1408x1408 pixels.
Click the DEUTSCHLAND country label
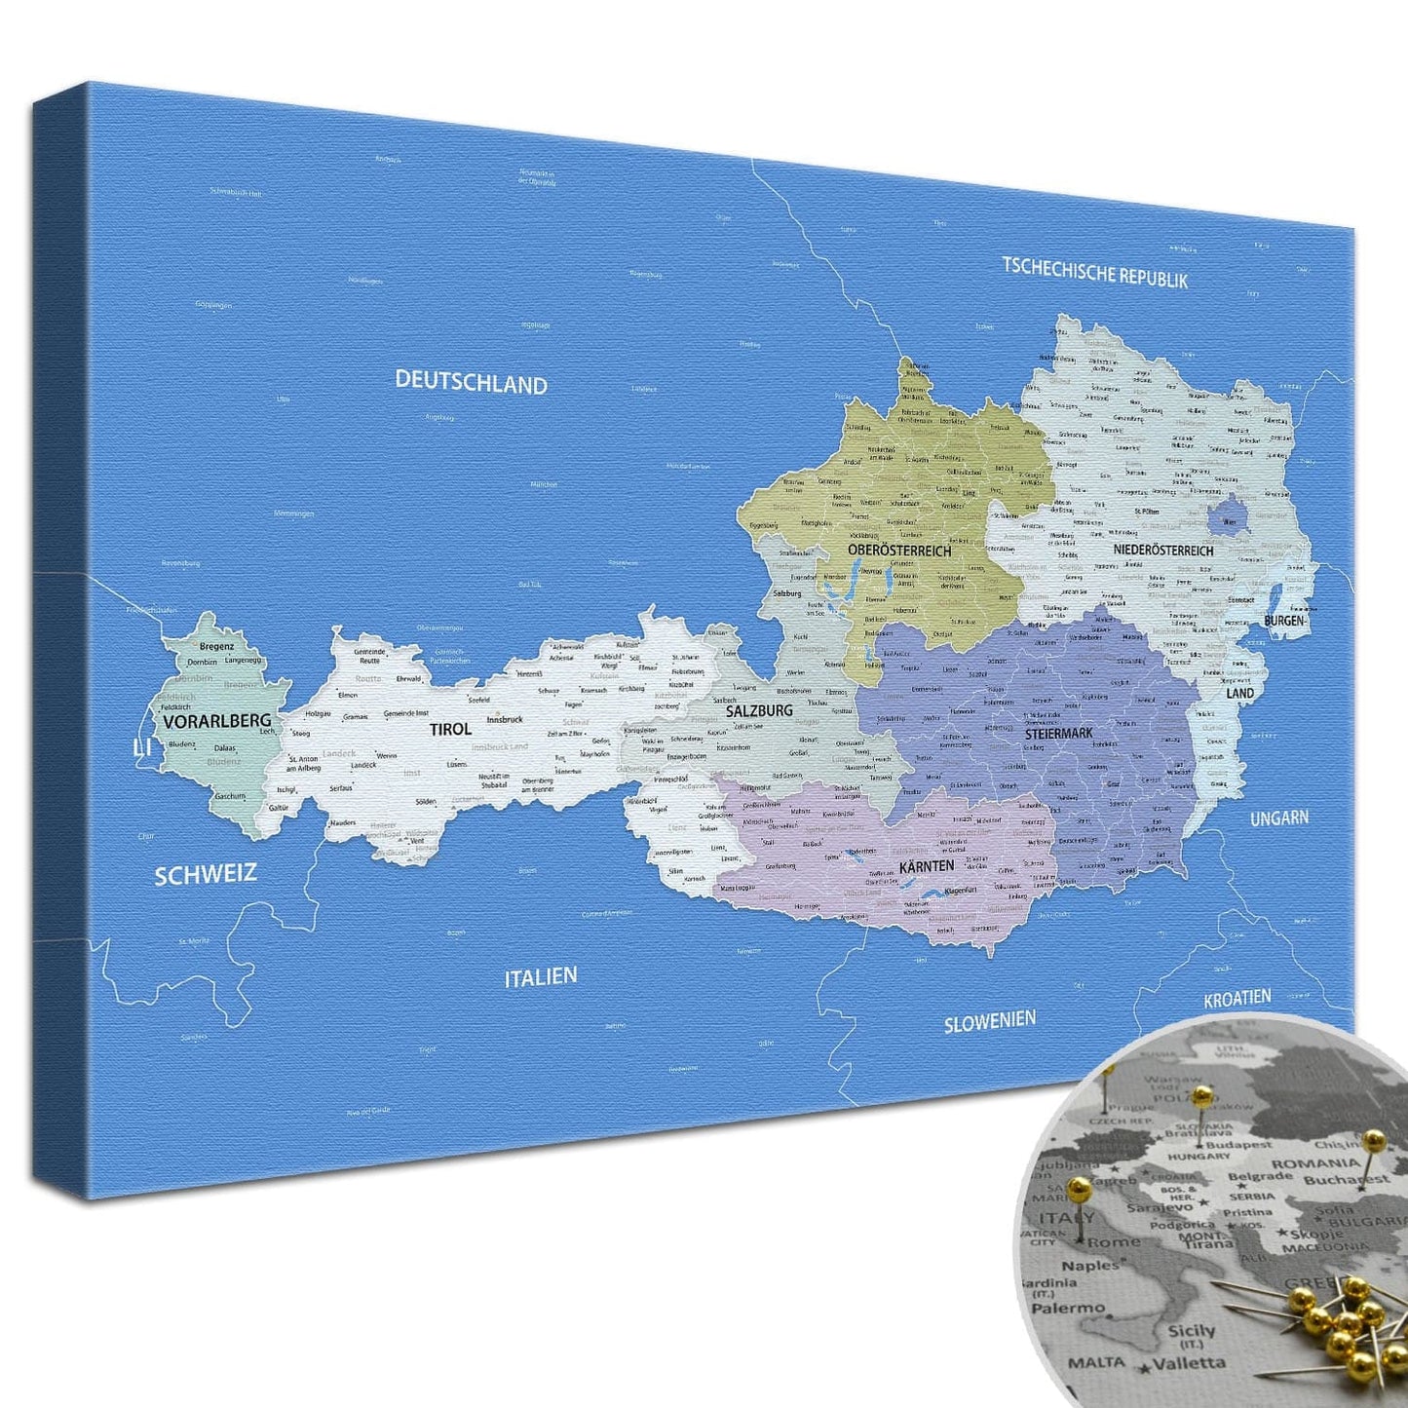471,382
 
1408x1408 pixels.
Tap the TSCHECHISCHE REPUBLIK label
1095,272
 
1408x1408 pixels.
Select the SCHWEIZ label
206,874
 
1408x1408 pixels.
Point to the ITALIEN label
541,976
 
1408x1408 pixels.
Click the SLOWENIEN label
989,1022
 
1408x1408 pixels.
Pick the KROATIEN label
1237,999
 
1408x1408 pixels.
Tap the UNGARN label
1279,818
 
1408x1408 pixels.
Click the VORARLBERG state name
217,721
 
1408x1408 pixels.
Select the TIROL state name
450,729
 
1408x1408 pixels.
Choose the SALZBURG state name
759,711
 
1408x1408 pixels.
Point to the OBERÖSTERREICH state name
898,551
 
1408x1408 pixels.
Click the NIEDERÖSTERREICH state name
1163,551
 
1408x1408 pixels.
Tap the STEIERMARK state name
1058,733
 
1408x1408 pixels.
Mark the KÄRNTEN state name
926,866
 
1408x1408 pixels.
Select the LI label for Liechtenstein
142,747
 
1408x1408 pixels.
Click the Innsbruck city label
505,719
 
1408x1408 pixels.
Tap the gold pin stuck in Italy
1079,1188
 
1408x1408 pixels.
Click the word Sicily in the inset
1191,1331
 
